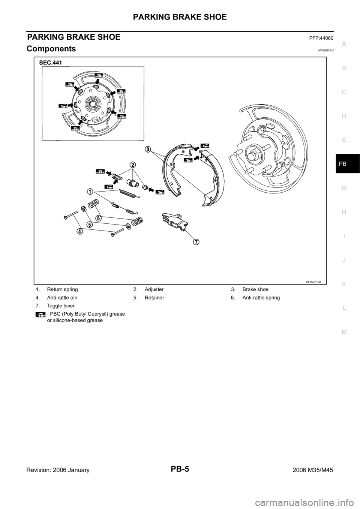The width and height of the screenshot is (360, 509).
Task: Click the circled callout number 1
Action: click(90, 192)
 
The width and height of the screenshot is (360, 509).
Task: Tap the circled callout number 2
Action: click(132, 165)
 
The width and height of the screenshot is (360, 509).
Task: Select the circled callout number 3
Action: click(149, 149)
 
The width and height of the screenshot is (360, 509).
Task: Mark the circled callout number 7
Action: click(196, 241)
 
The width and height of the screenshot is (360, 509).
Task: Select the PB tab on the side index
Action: click(344, 164)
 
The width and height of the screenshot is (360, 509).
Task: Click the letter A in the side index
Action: click(344, 44)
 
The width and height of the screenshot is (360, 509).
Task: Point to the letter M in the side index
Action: click(344, 331)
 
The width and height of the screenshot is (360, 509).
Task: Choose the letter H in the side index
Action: click(344, 212)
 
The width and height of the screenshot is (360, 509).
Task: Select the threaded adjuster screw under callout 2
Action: click(119, 175)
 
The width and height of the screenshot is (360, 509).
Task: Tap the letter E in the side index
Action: click(344, 140)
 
